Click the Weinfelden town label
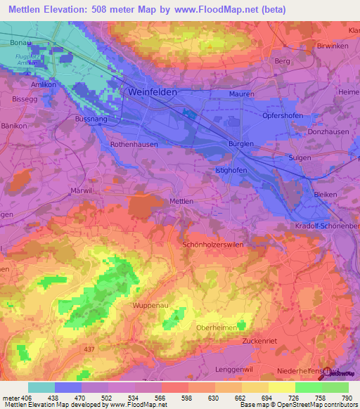152,92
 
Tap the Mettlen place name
181,201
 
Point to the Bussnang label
89,120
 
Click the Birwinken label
334,45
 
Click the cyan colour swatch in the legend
41,387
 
